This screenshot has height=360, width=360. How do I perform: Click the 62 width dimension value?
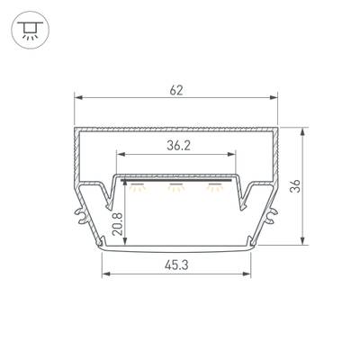tap(176, 90)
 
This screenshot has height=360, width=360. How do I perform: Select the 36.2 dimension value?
tap(178, 146)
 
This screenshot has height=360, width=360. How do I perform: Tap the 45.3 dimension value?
tap(176, 265)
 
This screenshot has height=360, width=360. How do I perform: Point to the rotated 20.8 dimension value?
tap(119, 224)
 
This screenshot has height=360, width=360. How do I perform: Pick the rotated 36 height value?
tap(295, 186)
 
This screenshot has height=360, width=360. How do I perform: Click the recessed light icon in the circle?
tap(31, 30)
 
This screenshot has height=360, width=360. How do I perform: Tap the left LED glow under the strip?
tap(138, 187)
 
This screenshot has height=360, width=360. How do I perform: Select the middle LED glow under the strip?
tap(176, 187)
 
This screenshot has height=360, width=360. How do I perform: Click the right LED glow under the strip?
tap(215, 187)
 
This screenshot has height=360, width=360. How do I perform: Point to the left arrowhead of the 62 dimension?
tap(78, 97)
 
